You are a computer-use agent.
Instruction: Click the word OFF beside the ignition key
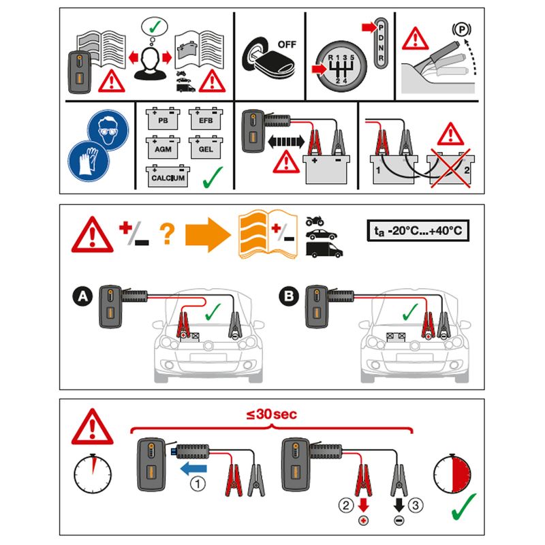[287, 44]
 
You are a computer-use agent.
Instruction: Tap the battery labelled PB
[163, 119]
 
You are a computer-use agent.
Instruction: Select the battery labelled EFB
[206, 119]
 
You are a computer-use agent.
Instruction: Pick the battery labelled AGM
[163, 147]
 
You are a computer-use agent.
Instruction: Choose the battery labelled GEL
[206, 147]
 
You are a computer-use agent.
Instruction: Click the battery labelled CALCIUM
[168, 176]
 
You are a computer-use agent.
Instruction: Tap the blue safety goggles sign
[108, 129]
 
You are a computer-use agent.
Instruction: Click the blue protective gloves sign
[89, 161]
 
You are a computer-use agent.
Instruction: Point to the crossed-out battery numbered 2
[451, 168]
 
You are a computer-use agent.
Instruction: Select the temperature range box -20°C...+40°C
[418, 230]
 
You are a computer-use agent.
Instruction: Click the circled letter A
[82, 296]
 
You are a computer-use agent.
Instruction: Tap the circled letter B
[289, 296]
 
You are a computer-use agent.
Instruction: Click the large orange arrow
[208, 235]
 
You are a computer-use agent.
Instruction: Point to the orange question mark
[167, 234]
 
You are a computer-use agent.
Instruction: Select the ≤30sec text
[271, 414]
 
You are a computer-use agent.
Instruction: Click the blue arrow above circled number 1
[193, 469]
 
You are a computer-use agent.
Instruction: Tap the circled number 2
[346, 505]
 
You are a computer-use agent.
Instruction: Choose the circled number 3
[416, 505]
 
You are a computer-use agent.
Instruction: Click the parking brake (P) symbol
[462, 29]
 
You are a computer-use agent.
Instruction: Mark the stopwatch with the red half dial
[452, 473]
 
